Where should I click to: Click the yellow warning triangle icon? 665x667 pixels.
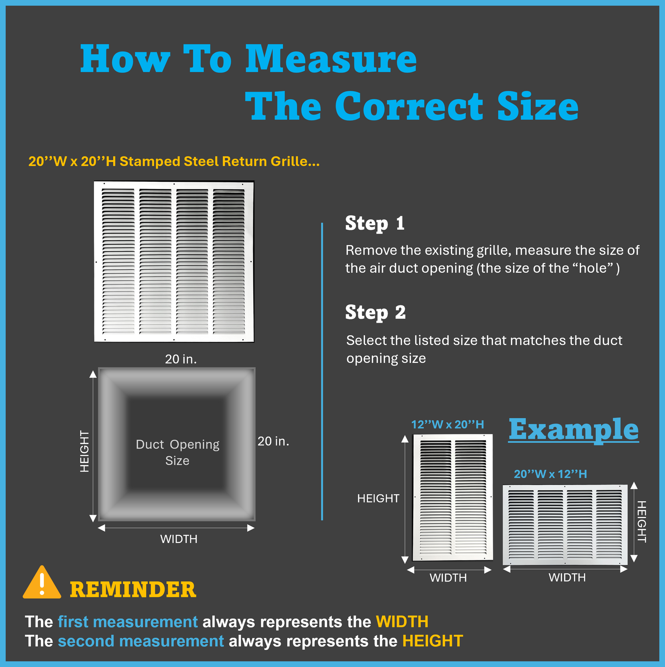click(42, 583)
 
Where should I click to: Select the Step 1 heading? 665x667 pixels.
click(375, 223)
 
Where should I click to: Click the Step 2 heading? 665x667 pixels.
click(375, 312)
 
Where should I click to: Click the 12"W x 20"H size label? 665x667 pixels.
click(447, 424)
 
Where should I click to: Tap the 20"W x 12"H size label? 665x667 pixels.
click(551, 474)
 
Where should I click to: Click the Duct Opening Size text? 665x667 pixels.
click(177, 452)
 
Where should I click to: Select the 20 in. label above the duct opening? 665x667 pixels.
click(181, 359)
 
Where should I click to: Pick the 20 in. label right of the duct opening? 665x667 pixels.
click(273, 441)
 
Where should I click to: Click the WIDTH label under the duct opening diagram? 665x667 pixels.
click(179, 539)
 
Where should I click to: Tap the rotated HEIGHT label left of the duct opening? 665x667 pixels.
click(85, 451)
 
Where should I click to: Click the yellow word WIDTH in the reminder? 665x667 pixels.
click(402, 622)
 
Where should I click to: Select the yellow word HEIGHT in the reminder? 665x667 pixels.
click(433, 641)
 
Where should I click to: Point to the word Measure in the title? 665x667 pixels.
click(331, 59)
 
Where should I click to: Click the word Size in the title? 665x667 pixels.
click(538, 106)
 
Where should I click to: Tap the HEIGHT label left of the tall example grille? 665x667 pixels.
click(378, 498)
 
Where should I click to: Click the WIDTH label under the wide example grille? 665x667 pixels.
click(567, 577)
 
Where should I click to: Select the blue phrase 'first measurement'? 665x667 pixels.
click(128, 622)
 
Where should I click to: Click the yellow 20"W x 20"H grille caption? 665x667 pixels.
click(174, 162)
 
